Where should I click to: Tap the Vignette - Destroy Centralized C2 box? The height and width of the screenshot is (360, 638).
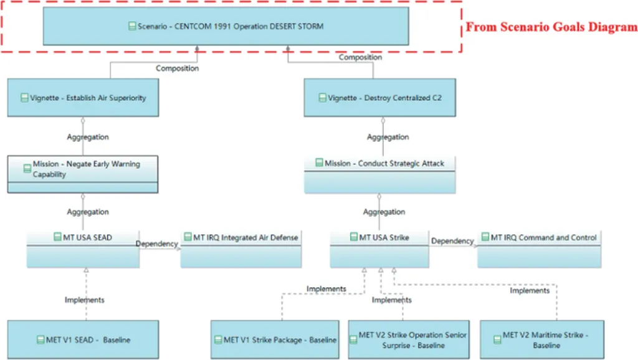click(379, 98)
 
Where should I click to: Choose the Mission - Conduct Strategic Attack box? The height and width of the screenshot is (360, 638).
click(379, 174)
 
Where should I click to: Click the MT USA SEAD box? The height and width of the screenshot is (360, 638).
click(82, 249)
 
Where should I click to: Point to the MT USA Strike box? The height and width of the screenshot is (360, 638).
click(379, 249)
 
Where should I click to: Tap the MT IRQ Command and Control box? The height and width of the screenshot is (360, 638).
click(540, 249)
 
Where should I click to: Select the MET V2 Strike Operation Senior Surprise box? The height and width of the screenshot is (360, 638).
click(409, 339)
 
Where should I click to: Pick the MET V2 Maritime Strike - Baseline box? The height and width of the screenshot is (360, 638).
click(542, 339)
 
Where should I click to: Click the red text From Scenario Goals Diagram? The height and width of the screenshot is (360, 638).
click(552, 27)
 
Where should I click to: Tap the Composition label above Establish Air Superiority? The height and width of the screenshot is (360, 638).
click(178, 68)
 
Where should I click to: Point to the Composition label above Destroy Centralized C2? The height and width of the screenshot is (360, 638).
click(360, 57)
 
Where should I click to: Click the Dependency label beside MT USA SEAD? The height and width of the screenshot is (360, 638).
click(157, 244)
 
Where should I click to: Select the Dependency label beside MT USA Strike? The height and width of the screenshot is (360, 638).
click(452, 241)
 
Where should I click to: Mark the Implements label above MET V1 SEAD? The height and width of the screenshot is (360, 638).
click(85, 300)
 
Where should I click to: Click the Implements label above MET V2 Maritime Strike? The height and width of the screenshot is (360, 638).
click(530, 290)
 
